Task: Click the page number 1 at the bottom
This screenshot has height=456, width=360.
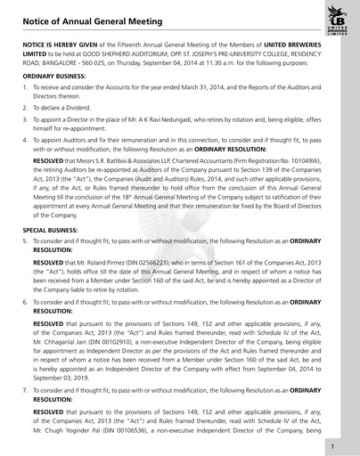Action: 331,445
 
